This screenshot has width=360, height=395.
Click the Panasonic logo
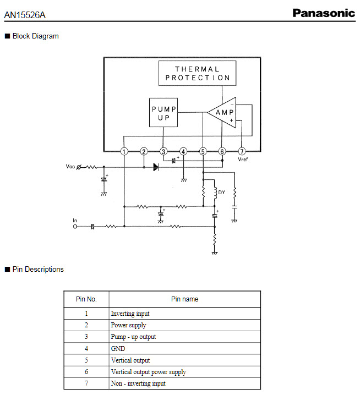pyautogui.click(x=324, y=13)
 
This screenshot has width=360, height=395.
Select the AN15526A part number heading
pyautogui.click(x=25, y=15)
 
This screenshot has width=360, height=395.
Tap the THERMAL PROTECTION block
pyautogui.click(x=198, y=73)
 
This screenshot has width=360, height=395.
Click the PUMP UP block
pyautogui.click(x=163, y=112)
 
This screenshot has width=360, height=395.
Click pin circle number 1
pyautogui.click(x=124, y=151)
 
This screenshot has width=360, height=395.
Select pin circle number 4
pyautogui.click(x=183, y=151)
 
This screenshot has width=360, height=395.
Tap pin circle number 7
pyautogui.click(x=242, y=151)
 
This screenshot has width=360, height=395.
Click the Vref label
pyautogui.click(x=243, y=159)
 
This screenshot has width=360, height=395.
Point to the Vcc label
pyautogui.click(x=70, y=166)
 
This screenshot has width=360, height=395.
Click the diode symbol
pyautogui.click(x=156, y=167)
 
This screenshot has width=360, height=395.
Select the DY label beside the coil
pyautogui.click(x=221, y=193)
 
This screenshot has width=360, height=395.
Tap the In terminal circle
pyautogui.click(x=75, y=227)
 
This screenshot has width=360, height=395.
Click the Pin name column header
pyautogui.click(x=185, y=299)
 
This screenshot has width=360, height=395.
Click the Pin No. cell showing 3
pyautogui.click(x=86, y=337)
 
